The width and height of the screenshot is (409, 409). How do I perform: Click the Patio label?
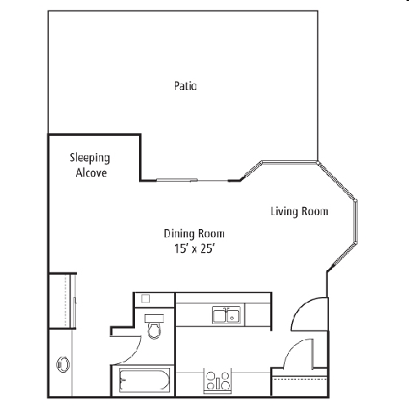point(186,86)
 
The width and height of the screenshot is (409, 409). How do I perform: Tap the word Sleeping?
point(90,158)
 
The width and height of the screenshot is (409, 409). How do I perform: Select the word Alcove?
point(92,173)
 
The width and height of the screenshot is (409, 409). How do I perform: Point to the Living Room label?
point(299,212)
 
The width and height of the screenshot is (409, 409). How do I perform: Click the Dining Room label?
point(194,234)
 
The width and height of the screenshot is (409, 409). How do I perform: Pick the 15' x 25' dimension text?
point(195,249)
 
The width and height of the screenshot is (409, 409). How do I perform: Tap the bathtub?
point(145,380)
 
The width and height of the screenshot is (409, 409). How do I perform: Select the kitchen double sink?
point(227,315)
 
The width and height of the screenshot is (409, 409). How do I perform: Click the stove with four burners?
point(218,381)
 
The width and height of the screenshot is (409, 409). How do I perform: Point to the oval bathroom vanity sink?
point(63,365)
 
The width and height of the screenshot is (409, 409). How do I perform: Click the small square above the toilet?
point(146,299)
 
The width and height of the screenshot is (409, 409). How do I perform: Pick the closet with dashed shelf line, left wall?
point(62,301)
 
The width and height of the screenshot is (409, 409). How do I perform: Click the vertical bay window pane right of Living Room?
point(356,221)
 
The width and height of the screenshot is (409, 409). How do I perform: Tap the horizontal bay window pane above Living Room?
point(289,163)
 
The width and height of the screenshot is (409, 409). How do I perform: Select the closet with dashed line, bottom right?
point(299,382)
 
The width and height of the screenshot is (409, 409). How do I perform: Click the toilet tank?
point(155,318)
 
